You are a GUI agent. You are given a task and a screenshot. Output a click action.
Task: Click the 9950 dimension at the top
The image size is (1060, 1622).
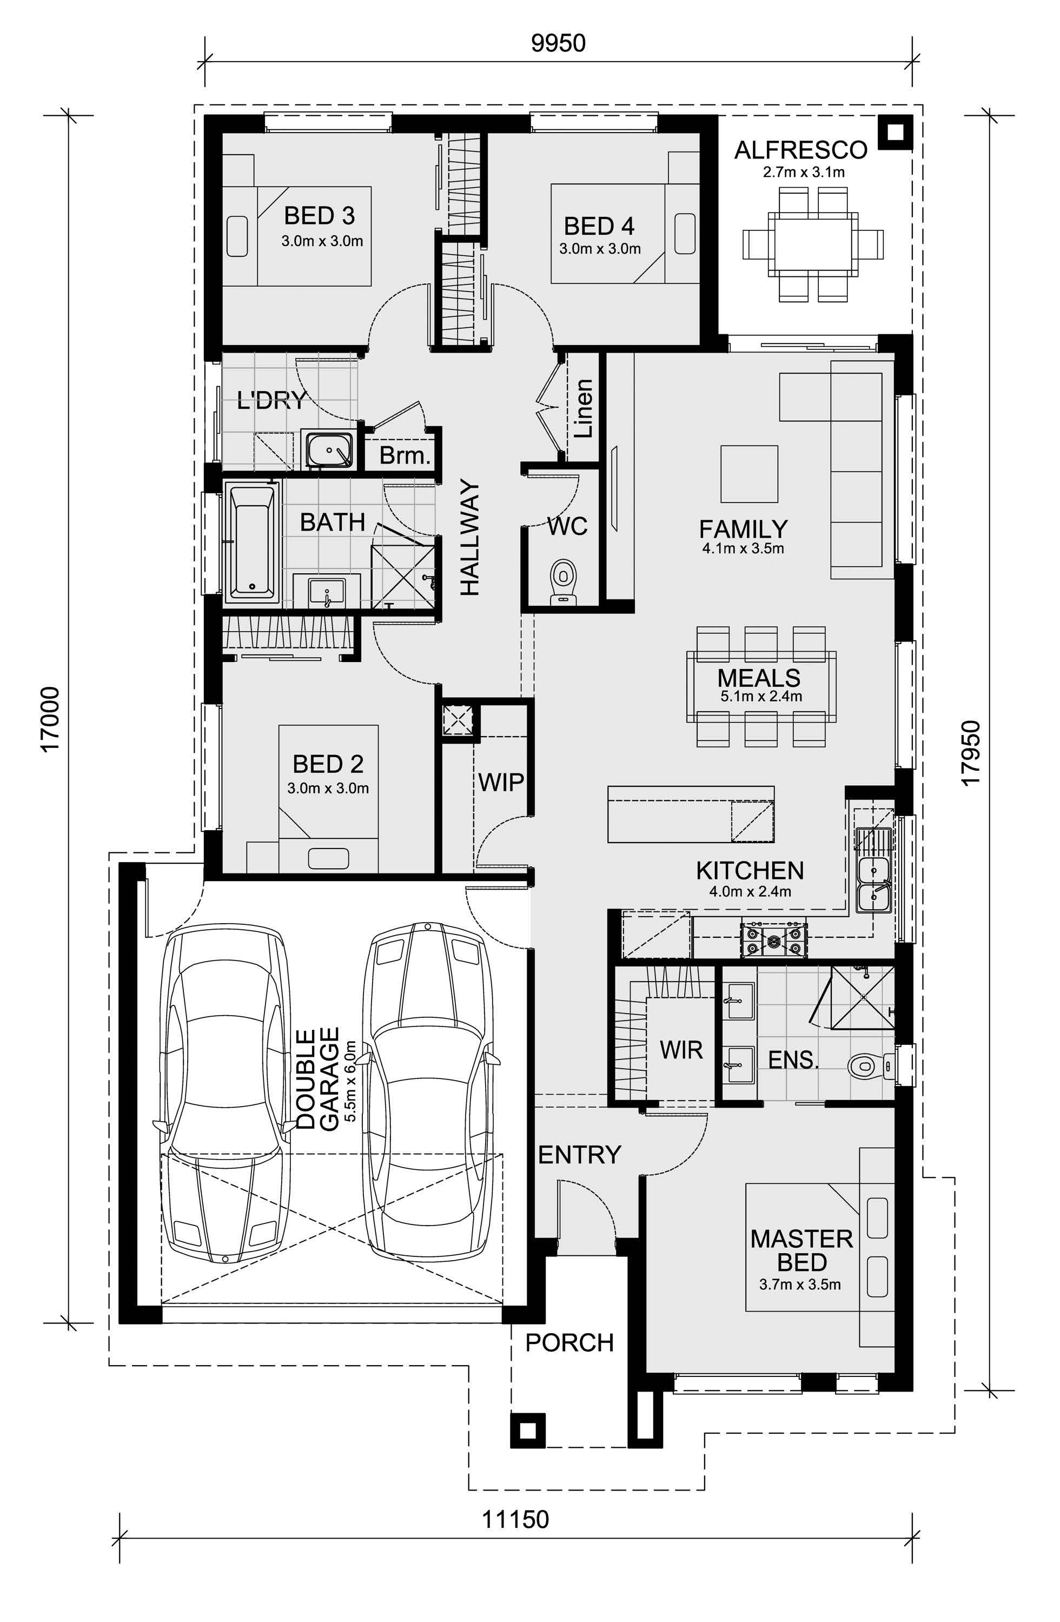point(558,43)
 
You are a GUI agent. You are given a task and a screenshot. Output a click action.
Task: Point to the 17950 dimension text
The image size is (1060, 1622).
point(970,753)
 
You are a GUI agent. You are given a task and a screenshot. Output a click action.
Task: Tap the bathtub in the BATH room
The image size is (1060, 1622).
point(252,542)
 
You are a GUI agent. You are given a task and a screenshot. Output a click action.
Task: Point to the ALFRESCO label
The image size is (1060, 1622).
point(800,150)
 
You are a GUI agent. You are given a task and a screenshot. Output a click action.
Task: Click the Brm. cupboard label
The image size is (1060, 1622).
point(405,455)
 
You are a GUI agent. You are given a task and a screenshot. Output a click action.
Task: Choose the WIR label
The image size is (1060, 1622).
point(680,1050)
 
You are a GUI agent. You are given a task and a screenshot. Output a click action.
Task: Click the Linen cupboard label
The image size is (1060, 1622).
point(584,408)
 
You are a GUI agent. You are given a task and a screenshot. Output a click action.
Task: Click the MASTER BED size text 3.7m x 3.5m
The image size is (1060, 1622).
point(800,1285)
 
